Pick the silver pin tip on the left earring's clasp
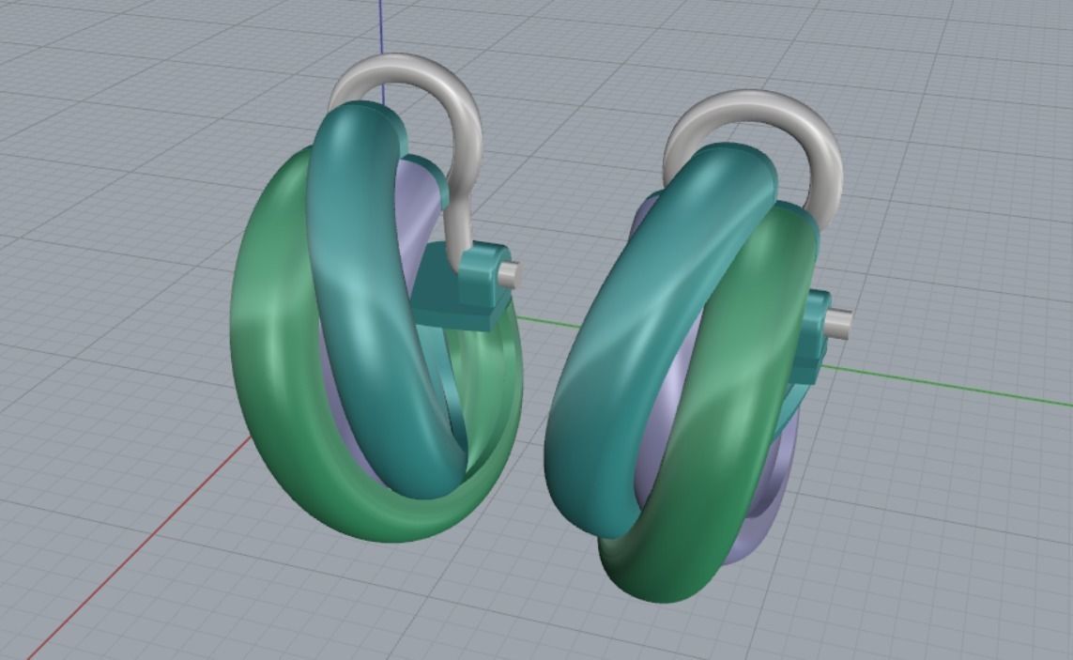[x=511, y=273]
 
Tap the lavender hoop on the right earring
[x=770, y=498]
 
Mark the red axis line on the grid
[x=141, y=554]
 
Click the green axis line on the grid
[x=939, y=385]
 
